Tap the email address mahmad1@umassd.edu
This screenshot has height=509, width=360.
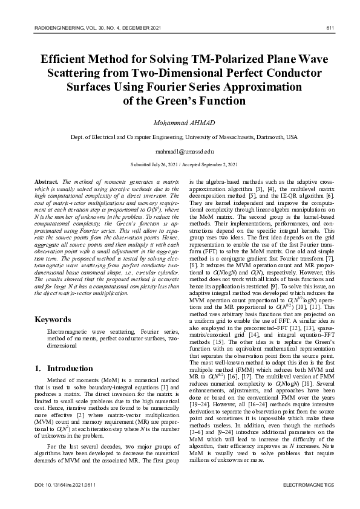point(180,151)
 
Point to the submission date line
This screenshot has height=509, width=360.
point(180,164)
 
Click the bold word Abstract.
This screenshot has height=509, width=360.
point(47,181)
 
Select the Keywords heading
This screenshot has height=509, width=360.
point(53,319)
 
